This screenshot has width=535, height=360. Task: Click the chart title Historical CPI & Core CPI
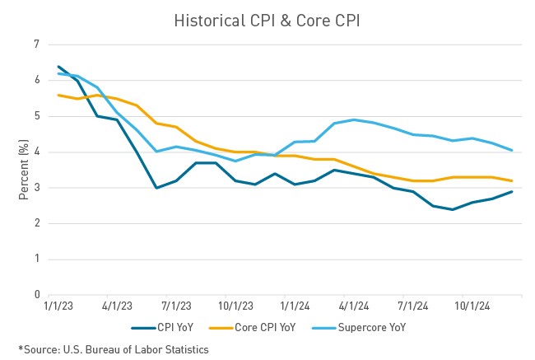[268, 21]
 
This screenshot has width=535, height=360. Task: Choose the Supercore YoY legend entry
[362, 328]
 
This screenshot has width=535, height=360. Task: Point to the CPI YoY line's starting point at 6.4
[58, 67]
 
